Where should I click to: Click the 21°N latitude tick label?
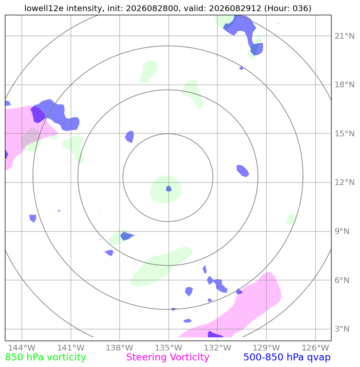point(344,36)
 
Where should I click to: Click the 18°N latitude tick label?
point(344,85)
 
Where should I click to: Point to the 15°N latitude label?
point(344,133)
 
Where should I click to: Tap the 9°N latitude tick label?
point(342,231)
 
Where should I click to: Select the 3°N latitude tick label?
point(342,329)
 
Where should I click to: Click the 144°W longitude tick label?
point(22,348)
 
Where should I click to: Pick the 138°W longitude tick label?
point(120,348)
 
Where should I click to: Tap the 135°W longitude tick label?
point(169,348)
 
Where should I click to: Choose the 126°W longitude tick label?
point(315,348)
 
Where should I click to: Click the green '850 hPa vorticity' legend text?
point(45,358)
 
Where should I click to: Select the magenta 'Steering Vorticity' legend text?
point(167,358)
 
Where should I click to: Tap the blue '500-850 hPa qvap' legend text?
point(287,358)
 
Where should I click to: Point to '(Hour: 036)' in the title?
point(287,8)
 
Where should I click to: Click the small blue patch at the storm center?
point(169,189)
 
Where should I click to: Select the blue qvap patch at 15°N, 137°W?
point(129,137)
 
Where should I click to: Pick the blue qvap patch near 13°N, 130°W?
point(242,171)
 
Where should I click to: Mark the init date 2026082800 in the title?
point(152,8)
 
